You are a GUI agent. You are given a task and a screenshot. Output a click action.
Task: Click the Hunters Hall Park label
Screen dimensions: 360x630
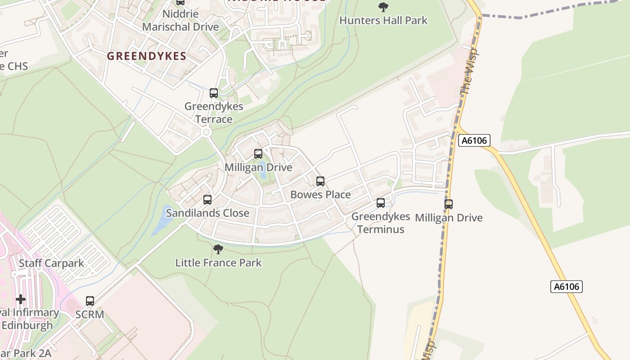point(383,20)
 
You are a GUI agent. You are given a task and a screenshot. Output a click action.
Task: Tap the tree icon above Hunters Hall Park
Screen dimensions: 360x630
point(383,7)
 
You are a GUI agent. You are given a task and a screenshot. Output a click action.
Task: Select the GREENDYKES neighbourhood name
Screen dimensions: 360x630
point(146,56)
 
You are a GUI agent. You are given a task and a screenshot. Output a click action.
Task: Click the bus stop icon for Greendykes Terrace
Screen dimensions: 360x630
point(214,93)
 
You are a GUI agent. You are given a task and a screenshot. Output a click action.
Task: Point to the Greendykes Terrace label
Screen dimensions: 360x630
point(214,112)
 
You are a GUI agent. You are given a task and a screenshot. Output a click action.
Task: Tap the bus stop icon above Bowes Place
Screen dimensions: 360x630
point(320,181)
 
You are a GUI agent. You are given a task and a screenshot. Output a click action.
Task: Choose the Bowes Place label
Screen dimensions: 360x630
point(320,194)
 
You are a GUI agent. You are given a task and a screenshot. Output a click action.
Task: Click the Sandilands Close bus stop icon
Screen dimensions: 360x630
point(207,199)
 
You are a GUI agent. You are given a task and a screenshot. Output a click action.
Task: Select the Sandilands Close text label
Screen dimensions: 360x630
point(207,213)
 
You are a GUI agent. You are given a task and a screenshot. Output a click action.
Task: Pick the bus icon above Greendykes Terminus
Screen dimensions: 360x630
point(381,203)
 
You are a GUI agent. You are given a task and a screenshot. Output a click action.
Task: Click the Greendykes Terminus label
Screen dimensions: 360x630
point(381,223)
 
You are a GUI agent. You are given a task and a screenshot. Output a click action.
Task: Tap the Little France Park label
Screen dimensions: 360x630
point(218,262)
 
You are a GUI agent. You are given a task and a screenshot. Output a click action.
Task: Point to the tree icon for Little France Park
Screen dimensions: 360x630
point(218,249)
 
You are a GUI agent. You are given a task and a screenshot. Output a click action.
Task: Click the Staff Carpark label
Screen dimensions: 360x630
point(51,263)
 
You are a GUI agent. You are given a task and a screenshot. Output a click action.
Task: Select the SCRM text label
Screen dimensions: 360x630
point(90,314)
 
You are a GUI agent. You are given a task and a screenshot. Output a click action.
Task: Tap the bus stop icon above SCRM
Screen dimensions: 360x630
point(90,301)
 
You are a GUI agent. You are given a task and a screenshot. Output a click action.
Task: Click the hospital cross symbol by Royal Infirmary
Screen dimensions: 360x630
point(20,299)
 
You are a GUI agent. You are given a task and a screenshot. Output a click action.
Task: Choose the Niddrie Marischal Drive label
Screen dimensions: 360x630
point(180,20)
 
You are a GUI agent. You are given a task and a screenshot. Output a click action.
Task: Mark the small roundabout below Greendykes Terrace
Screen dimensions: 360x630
point(207,132)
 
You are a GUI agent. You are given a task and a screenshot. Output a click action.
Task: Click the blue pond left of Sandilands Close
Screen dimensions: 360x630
point(160,220)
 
